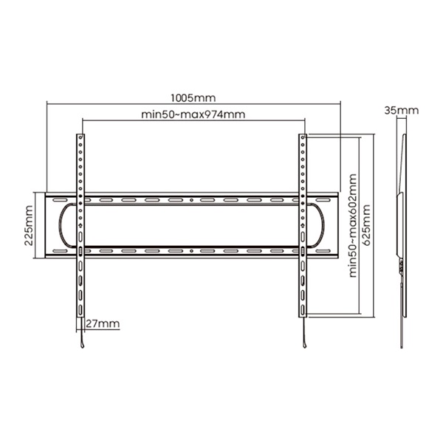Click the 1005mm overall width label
pos(193,97)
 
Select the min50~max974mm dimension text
pos(193,114)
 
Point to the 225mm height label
pos(28,225)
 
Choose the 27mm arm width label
pos(100,324)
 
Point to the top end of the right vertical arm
pos(303,137)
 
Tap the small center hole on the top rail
pos(191,200)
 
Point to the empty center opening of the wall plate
pos(191,225)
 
